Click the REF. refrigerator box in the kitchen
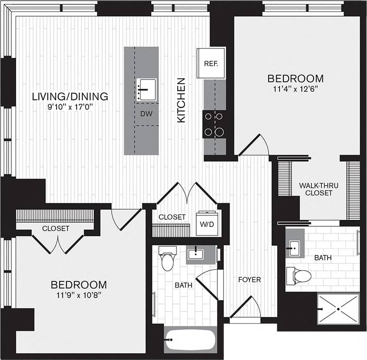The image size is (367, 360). click(211, 63)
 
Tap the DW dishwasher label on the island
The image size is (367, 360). click(146, 114)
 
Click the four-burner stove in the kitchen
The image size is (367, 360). click(214, 124)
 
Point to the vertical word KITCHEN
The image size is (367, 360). click(181, 100)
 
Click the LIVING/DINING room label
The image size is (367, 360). click(70, 97)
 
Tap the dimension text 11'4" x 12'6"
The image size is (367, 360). click(295, 89)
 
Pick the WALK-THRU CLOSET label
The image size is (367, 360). click(319, 189)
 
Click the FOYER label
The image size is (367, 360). click(250, 280)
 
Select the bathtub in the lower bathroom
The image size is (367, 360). click(190, 340)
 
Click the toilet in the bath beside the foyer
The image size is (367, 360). click(167, 259)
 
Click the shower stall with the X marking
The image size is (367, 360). click(338, 309)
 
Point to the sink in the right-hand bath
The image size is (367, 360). click(294, 246)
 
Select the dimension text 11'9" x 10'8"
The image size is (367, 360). click(78, 295)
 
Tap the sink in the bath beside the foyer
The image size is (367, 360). click(195, 254)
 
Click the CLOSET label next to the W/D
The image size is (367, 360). click(172, 217)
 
